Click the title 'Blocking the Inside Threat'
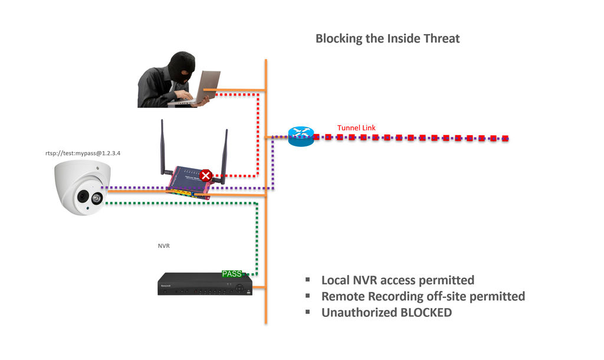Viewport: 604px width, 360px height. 387,39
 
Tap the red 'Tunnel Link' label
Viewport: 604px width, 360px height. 356,128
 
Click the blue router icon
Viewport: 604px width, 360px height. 301,137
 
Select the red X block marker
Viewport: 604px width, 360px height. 206,175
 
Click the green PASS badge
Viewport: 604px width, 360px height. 232,274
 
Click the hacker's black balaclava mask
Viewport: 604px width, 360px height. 182,67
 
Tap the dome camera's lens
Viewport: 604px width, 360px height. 83,197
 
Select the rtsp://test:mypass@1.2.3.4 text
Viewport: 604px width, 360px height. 87,153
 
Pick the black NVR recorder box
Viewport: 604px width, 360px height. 204,285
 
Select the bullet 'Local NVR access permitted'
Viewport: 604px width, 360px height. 397,280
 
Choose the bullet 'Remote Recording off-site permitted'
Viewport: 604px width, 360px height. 422,296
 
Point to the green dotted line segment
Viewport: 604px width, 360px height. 177,204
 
